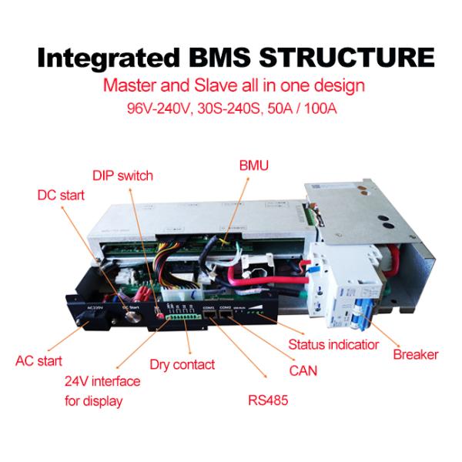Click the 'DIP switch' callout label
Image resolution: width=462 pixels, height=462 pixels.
click(122, 176)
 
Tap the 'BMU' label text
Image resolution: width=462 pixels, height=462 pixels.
click(252, 165)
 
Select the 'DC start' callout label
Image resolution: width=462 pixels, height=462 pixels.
click(62, 196)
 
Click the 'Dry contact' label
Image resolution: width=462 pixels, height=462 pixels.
click(182, 364)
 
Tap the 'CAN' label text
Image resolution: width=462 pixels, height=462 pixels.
click(303, 371)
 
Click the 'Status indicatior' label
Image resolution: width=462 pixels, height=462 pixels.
click(333, 344)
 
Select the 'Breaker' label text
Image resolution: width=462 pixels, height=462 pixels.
click(415, 355)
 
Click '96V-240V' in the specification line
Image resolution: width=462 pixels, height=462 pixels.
click(157, 108)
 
